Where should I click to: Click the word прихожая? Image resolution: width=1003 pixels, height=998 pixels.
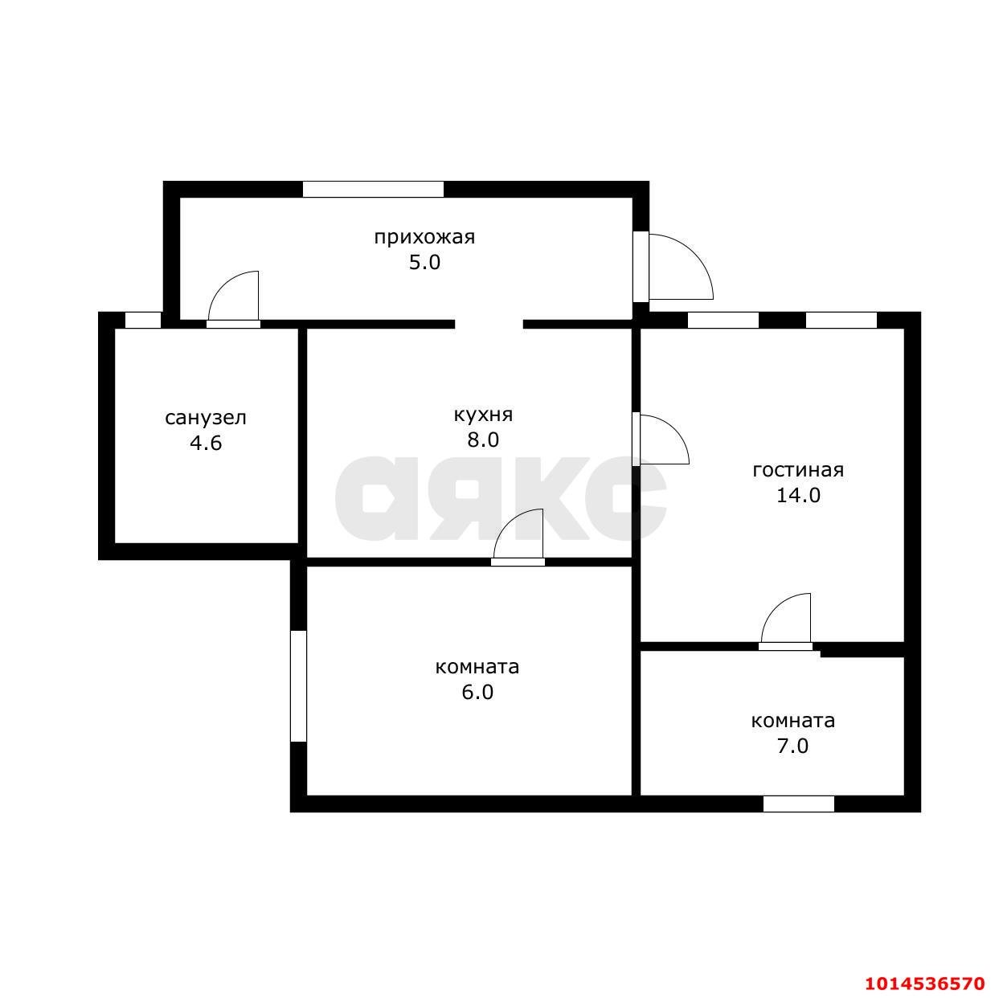pos(424,238)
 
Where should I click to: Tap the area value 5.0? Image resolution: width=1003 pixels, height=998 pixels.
pos(424,263)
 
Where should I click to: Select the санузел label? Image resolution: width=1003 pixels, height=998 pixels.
pos(206,418)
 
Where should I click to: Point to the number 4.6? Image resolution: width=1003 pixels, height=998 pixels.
pos(206,443)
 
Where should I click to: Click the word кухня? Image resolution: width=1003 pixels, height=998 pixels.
pos(483,415)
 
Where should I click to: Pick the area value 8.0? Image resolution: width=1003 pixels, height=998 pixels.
pos(483,440)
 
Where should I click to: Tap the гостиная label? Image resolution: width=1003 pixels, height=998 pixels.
pos(798,470)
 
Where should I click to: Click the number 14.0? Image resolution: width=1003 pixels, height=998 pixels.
pos(798,495)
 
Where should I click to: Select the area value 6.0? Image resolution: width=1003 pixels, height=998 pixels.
pos(477,693)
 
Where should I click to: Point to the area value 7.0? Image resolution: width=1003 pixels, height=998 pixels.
pos(792,746)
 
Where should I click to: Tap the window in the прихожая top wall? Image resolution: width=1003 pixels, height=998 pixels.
pos(373,189)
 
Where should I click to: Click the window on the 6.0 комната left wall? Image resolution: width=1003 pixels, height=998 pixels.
pos(298,685)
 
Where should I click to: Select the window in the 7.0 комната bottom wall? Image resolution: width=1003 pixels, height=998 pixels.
pos(798,804)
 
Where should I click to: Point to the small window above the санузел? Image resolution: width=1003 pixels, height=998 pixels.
pos(143,320)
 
